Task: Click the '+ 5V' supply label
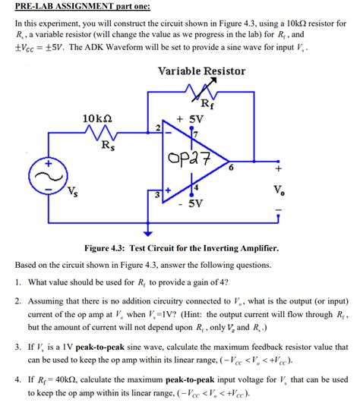tap(190, 119)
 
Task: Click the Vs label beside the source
tap(71, 190)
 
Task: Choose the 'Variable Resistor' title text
tap(201, 71)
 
